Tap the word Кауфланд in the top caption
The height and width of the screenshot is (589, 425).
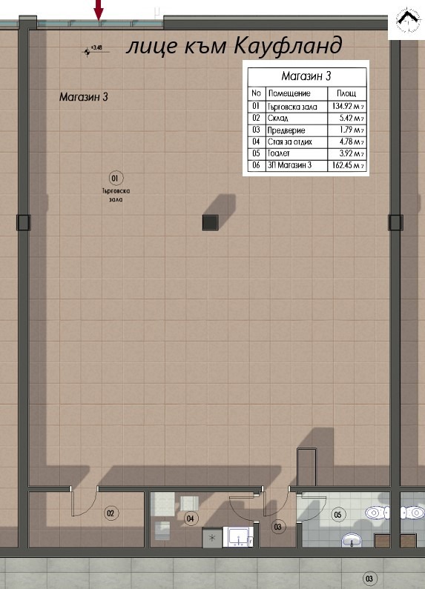point(289,46)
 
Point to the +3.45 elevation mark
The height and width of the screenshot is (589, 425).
point(93,50)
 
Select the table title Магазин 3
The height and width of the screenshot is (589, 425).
point(306,76)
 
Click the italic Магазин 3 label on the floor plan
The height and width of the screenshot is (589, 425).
point(84,96)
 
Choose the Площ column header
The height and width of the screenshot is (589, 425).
point(346,94)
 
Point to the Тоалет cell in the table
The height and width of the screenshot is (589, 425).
point(280,153)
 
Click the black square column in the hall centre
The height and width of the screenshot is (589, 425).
point(210,222)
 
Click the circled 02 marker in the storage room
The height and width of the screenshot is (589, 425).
point(111,513)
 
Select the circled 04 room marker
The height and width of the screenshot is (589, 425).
point(191,518)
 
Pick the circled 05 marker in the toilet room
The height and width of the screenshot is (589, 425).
point(338,513)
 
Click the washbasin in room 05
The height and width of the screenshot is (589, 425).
point(351,541)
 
